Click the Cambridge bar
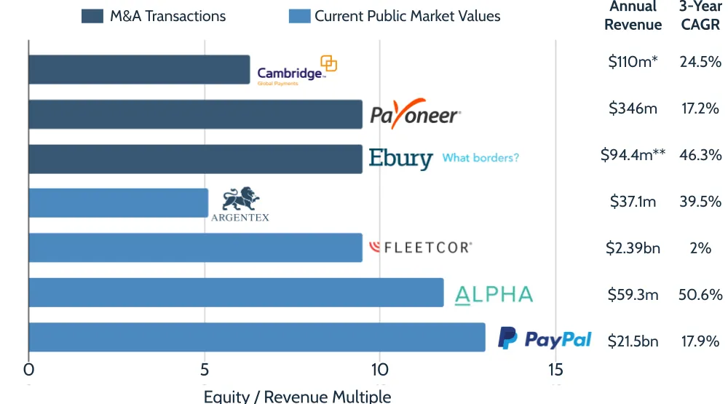[x=138, y=70]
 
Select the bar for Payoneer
[x=195, y=114]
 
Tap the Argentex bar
[x=118, y=203]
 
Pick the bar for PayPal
[x=256, y=338]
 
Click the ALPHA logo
[x=494, y=294]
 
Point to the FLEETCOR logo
[x=421, y=247]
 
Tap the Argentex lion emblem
[x=240, y=199]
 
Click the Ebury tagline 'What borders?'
[x=480, y=157]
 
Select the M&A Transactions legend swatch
[x=92, y=16]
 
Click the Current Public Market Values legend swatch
[x=299, y=16]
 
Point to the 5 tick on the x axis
[x=205, y=370]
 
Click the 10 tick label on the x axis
[x=379, y=370]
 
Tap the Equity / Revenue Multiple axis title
[x=297, y=397]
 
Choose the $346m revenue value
[x=633, y=108]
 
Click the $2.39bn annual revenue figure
[x=633, y=248]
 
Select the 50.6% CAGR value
[x=700, y=295]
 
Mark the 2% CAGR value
[x=700, y=248]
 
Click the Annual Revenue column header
[x=633, y=15]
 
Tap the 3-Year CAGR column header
[x=700, y=15]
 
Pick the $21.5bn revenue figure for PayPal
[x=633, y=341]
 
